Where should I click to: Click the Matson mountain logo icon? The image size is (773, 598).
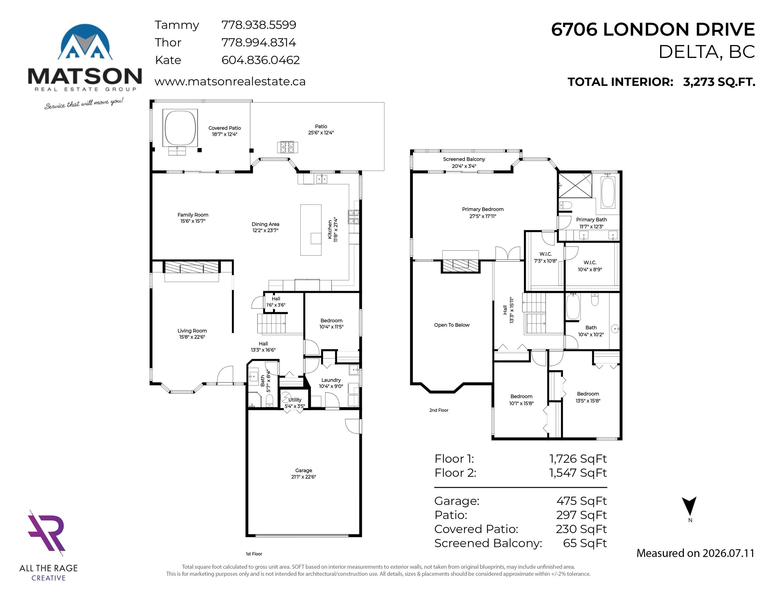tap(85, 42)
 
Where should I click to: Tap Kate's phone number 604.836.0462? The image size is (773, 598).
tap(261, 60)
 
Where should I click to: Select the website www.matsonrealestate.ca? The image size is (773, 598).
tap(230, 81)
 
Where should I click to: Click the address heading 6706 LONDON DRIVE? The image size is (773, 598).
tap(653, 29)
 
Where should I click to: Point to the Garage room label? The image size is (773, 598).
tap(304, 471)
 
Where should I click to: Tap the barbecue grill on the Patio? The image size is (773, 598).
tap(287, 147)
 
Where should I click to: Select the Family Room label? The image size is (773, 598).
tap(193, 215)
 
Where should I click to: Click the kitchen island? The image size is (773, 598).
tap(311, 230)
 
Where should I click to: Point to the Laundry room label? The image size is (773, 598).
tap(331, 380)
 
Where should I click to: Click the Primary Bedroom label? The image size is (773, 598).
tap(483, 209)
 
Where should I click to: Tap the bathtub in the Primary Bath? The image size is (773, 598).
tap(608, 192)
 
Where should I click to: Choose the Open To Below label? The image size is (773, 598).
tap(452, 325)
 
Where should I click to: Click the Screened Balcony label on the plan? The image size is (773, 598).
tap(464, 159)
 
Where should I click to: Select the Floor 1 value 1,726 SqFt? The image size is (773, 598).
tap(578, 459)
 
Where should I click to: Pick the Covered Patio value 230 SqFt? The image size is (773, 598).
tap(581, 529)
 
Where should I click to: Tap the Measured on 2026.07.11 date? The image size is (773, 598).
tap(695, 553)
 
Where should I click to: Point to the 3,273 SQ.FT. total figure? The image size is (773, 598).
tap(719, 82)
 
